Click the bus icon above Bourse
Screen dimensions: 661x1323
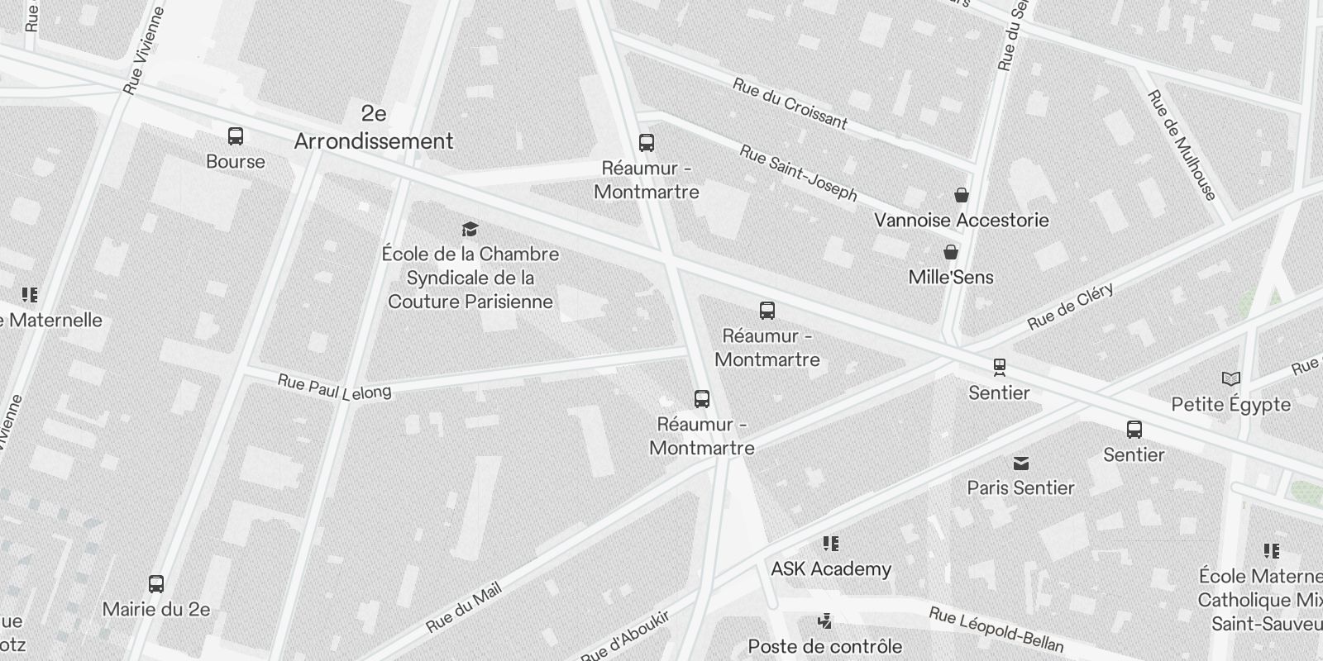point(236,136)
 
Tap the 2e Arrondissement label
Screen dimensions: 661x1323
point(374,127)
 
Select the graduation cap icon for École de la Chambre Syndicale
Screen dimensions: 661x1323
point(470,229)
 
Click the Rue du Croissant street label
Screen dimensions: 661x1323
point(790,104)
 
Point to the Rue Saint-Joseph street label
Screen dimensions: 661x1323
point(798,173)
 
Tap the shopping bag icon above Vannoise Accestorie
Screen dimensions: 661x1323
point(961,195)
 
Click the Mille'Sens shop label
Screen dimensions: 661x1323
point(951,277)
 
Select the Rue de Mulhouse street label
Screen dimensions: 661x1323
point(1182,145)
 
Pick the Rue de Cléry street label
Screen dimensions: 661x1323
point(1071,307)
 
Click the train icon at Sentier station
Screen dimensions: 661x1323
point(1000,367)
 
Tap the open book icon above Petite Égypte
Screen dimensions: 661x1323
point(1231,379)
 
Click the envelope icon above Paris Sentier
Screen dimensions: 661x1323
point(1021,463)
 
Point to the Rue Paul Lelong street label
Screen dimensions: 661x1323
point(334,387)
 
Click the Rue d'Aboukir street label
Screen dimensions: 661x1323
point(624,637)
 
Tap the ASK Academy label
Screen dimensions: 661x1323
point(831,568)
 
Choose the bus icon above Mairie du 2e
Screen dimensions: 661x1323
point(156,584)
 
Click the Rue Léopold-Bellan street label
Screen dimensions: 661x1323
point(996,629)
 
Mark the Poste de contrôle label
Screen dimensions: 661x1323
point(824,646)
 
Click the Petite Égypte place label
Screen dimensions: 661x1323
point(1230,404)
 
